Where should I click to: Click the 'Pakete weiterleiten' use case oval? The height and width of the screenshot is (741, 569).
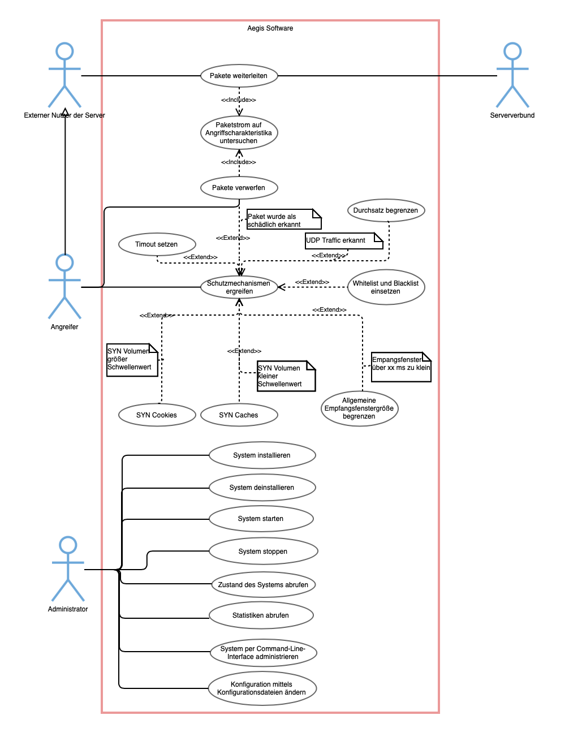coord(239,76)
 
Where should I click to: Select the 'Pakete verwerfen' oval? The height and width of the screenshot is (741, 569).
coord(239,188)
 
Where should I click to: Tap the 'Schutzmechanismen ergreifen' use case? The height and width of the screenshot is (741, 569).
coord(239,287)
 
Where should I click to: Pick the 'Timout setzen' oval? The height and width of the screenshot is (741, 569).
coord(157,244)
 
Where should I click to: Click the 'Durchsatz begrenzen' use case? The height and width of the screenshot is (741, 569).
coord(386,210)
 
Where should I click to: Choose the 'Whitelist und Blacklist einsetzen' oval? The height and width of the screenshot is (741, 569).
coord(386,287)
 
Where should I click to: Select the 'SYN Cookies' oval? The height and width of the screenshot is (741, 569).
coord(157,415)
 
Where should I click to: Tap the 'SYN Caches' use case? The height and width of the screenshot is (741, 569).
coord(239,415)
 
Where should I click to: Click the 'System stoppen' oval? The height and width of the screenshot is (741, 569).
coord(263,552)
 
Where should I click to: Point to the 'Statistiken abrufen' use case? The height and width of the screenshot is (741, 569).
coord(261,615)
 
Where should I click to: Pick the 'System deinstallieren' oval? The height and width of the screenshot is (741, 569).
coord(262,488)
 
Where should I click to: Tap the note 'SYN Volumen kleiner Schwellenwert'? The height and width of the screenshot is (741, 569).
coord(286,376)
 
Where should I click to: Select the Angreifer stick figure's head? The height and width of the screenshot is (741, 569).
coord(64,262)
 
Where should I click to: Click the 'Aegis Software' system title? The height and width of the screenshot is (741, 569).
coord(270,28)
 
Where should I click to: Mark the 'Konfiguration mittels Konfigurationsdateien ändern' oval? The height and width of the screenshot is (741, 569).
coord(262,688)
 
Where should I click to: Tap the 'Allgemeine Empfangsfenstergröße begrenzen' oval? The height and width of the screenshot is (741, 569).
coord(359,408)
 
